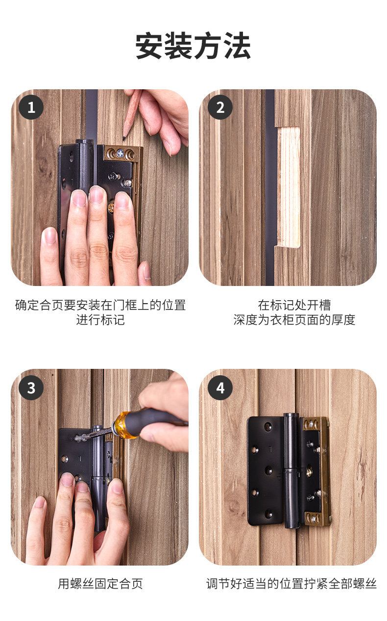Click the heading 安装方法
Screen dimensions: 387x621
(x=193, y=45)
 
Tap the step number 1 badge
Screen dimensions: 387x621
(x=31, y=107)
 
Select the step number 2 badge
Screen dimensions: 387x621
(x=220, y=107)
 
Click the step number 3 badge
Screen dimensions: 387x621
(x=31, y=388)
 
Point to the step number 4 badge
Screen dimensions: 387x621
(x=220, y=388)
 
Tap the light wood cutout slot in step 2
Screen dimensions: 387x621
(x=289, y=187)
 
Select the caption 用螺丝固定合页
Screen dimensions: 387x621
(x=100, y=584)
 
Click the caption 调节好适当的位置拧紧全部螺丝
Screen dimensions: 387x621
(x=291, y=584)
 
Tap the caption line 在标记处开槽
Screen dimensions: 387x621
(x=294, y=305)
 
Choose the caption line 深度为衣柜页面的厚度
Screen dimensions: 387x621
(x=294, y=320)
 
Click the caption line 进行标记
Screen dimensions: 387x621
(x=100, y=320)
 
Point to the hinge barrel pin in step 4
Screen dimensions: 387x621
(x=291, y=471)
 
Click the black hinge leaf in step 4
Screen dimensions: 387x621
(x=265, y=471)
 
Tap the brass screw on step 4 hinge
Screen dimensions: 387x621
(x=310, y=471)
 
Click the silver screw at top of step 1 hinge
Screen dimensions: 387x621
(x=121, y=153)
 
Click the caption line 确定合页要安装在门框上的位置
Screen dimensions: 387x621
(x=100, y=305)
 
